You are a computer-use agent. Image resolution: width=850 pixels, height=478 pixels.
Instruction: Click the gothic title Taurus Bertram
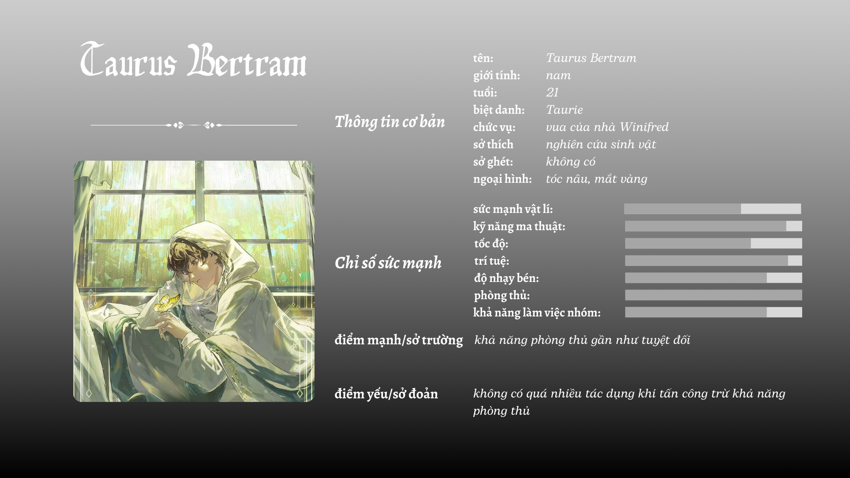coord(193,60)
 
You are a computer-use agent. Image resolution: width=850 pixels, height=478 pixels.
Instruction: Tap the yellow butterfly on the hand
coord(166,303)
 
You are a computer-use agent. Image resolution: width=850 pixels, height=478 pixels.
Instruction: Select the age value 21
coord(552,93)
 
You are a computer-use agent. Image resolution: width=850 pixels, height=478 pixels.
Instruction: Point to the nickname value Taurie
coord(564,110)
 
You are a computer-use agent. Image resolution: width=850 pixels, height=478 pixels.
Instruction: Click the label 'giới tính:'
coord(496,76)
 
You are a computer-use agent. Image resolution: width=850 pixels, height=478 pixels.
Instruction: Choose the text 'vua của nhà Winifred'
coord(607,127)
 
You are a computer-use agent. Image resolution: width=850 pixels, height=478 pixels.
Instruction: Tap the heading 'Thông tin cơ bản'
coord(390,122)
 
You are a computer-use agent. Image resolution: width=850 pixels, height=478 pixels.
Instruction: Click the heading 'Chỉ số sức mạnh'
coord(388,263)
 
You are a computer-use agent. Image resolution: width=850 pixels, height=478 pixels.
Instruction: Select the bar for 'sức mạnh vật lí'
coord(713,209)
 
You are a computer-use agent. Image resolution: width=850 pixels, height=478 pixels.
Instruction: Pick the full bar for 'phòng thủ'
coord(714,295)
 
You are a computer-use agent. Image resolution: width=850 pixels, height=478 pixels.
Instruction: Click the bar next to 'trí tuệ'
coord(714,261)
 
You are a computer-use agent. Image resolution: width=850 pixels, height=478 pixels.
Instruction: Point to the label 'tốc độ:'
coord(491,244)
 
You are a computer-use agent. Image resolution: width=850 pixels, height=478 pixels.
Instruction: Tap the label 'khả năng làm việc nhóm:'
coord(537,312)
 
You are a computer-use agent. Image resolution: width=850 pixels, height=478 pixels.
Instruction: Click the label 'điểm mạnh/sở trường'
coord(398,340)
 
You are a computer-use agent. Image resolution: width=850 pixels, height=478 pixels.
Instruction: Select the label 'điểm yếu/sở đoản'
coord(386,394)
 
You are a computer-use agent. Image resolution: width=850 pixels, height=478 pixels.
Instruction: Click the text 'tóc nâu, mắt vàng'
coord(596,179)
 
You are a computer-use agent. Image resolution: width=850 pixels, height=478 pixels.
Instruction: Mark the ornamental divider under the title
coord(194,125)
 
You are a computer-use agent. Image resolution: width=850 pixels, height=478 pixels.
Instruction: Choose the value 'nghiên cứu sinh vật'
coord(601,144)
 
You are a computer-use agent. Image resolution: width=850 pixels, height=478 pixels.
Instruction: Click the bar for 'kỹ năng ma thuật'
coord(714,226)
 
